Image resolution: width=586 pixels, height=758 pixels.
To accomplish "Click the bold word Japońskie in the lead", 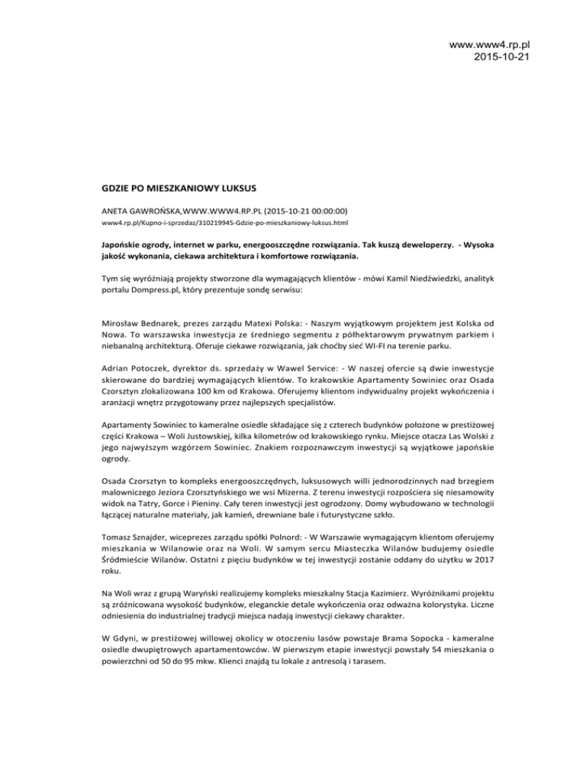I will (x=123, y=248).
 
